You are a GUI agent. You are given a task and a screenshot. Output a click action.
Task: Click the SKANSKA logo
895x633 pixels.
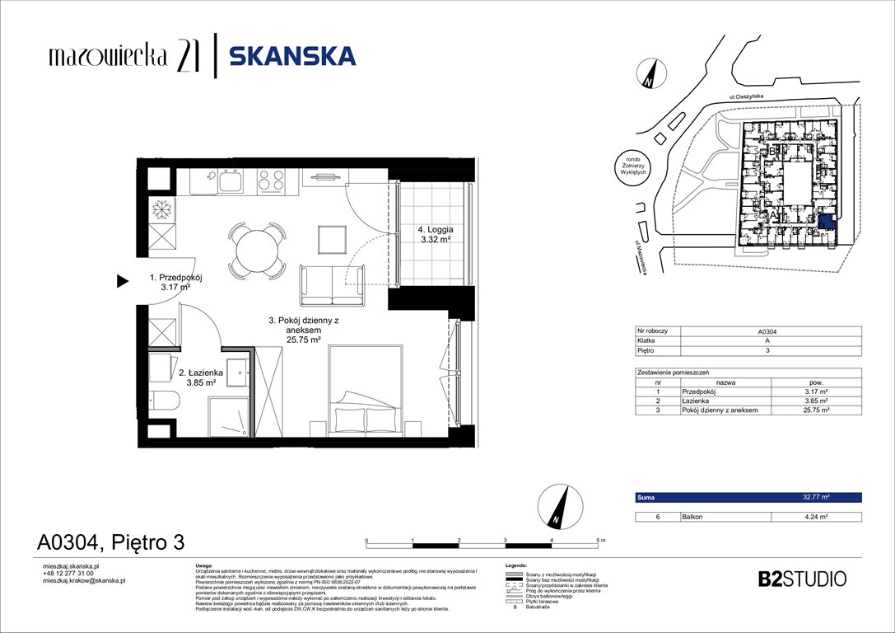(x=291, y=56)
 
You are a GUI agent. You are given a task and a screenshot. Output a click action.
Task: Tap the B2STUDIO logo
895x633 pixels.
(x=801, y=579)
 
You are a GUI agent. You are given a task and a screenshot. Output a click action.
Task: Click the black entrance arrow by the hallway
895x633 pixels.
(x=122, y=282)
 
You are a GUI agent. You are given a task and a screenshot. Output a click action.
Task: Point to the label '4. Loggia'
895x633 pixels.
(x=434, y=230)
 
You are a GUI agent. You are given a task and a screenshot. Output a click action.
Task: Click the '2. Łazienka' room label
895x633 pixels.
(x=197, y=372)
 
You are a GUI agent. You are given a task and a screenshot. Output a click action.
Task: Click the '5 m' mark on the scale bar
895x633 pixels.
(x=599, y=539)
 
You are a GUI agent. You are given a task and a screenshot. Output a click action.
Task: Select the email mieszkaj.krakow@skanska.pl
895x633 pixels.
(x=83, y=580)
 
